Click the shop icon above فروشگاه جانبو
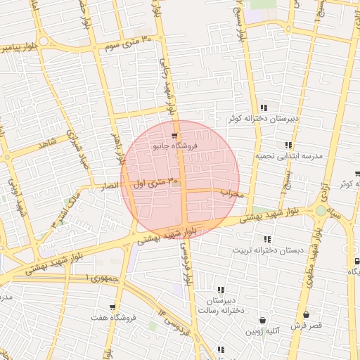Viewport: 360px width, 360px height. pos(174,136)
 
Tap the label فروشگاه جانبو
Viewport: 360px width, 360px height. pos(175,146)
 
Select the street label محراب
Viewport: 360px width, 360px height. pos(231,193)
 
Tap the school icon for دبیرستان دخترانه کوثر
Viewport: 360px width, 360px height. pos(264,108)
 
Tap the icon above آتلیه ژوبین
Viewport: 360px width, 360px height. pos(263,320)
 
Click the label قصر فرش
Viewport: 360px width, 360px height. pos(306,326)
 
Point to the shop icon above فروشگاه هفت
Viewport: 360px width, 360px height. pos(112,307)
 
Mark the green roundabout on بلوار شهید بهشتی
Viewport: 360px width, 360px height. pos(321,210)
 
